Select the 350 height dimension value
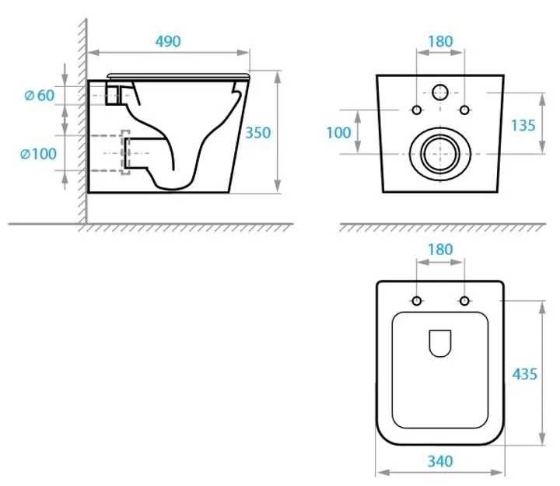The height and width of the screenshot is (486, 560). tap(257, 133)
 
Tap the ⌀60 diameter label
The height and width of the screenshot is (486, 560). tap(40, 96)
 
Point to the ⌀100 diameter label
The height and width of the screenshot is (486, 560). tap(38, 154)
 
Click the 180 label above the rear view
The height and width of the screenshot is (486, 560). tap(440, 42)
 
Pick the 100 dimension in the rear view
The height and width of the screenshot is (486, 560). tap(338, 133)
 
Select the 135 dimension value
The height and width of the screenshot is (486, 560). tap(524, 125)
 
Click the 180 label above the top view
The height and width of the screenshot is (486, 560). tap(440, 251)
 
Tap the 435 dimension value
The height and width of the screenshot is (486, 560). tap(524, 374)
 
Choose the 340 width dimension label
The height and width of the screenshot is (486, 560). tap(440, 461)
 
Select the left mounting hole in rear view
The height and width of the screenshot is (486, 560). tap(417, 110)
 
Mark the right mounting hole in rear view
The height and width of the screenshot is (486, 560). tap(464, 110)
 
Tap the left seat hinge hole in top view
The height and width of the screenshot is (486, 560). tap(417, 301)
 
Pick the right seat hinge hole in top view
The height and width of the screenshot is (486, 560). tap(464, 301)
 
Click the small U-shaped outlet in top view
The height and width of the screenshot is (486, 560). tap(440, 343)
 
